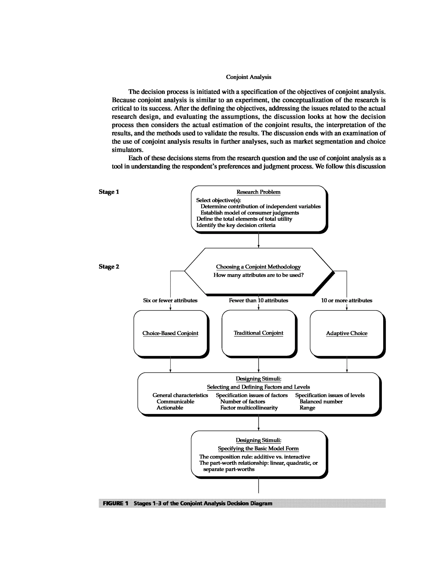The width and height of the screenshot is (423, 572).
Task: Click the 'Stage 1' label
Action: coord(109,192)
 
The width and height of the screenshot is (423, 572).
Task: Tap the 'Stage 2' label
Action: coord(109,267)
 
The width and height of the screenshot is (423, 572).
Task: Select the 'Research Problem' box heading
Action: coord(258,192)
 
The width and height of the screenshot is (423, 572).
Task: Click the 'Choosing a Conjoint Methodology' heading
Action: coord(258,267)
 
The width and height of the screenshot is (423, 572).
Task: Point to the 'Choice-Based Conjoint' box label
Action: coord(170,333)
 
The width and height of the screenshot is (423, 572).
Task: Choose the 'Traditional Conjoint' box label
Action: coord(258,333)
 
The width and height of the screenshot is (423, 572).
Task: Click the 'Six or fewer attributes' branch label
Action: coord(170,301)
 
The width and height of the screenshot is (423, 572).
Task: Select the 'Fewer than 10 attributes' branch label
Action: coord(258,301)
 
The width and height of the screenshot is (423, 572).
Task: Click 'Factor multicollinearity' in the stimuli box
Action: coord(249,408)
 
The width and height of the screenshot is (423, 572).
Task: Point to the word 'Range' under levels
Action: coord(307,408)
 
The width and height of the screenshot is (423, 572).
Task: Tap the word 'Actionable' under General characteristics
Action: coord(170,408)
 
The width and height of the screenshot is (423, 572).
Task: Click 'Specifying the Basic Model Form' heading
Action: coord(258,448)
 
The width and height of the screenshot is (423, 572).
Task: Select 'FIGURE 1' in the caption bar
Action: coord(115,503)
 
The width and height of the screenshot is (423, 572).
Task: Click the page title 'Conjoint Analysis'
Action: coord(248,77)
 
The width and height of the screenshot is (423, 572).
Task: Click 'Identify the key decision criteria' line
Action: coord(236,225)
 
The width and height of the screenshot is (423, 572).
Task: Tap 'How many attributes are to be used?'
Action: coord(258,275)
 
